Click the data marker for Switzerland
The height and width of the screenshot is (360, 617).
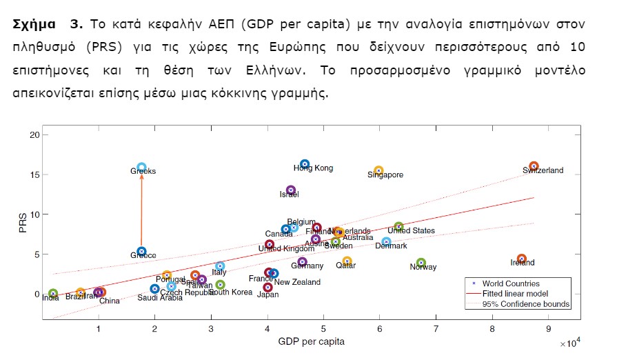click(534, 167)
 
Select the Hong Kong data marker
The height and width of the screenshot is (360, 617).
click(305, 164)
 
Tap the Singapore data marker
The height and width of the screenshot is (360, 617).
click(378, 170)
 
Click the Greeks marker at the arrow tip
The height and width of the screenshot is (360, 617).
click(141, 168)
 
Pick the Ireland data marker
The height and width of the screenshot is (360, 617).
click(522, 259)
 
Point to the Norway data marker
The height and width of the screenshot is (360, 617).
click(421, 263)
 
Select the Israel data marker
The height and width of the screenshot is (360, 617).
click(291, 190)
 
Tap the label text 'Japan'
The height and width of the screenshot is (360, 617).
click(267, 295)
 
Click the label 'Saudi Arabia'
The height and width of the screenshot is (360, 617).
click(160, 298)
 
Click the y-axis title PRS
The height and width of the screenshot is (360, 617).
click(23, 223)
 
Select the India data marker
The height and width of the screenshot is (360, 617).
click(53, 294)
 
